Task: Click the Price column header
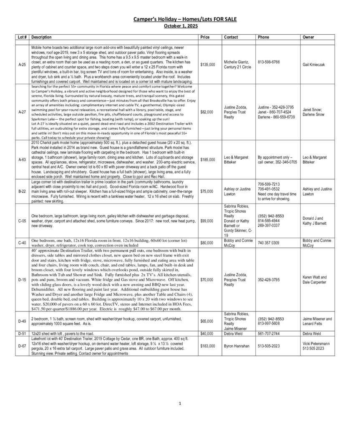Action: pos(204,37)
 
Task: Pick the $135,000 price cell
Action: pos(208,65)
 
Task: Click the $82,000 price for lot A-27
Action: pos(207,112)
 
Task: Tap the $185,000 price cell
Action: pos(208,159)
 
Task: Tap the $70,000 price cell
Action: pos(207,279)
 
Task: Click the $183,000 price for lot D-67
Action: pos(208,346)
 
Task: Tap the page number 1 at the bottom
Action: pos(180,403)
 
